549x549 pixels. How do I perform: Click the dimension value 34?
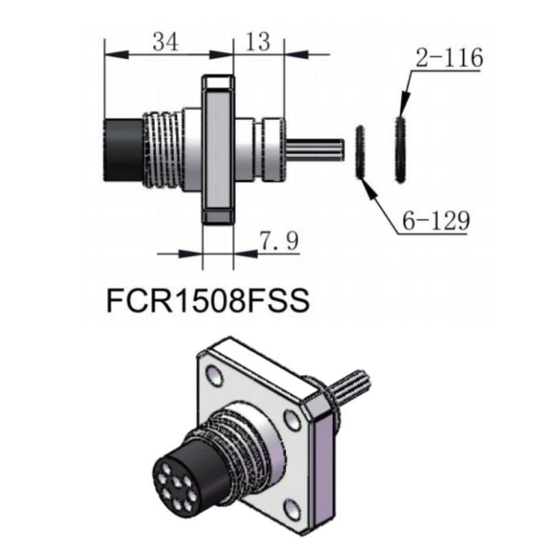tap(165, 43)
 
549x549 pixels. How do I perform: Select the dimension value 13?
tap(257, 43)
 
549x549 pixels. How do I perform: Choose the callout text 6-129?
tap(435, 221)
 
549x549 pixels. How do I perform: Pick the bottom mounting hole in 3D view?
tap(294, 509)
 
